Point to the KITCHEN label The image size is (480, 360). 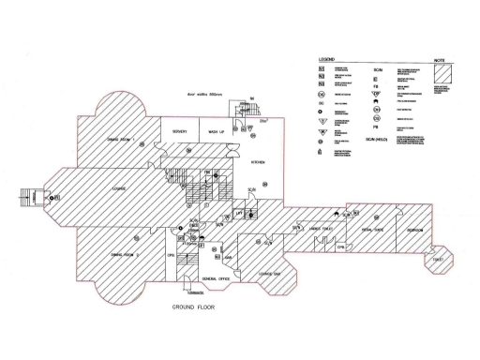258,162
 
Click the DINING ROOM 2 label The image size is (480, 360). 126,254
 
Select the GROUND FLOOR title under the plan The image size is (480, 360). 194,307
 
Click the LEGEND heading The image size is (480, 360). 327,58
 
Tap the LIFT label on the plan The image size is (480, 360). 240,215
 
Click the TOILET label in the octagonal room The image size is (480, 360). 438,259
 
